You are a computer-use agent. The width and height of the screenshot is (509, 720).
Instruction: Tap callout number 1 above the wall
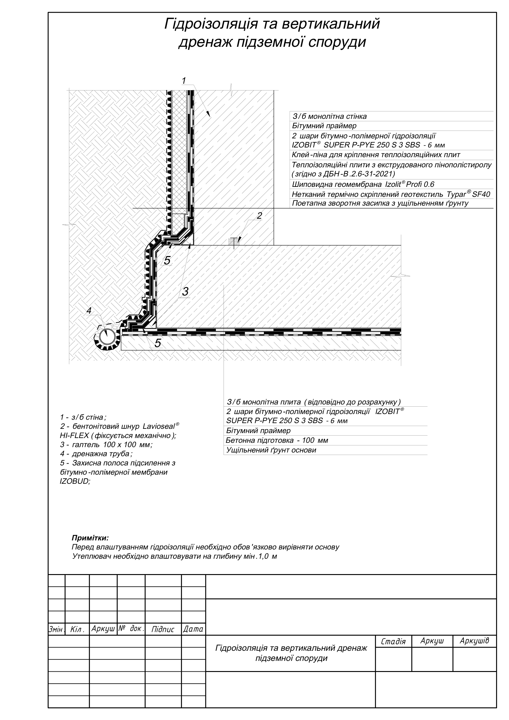(184, 81)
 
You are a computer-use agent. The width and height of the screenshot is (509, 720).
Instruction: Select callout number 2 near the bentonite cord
(259, 216)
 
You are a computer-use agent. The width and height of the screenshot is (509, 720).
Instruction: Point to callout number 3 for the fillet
(185, 292)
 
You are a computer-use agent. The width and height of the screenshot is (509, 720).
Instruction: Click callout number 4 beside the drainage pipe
(89, 311)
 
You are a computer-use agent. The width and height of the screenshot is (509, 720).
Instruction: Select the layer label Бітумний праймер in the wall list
(324, 126)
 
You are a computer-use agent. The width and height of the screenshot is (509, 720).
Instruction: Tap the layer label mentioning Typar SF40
(391, 194)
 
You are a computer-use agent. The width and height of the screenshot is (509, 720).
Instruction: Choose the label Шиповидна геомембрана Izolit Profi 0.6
(363, 184)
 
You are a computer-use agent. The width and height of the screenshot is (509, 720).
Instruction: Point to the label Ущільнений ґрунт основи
(271, 450)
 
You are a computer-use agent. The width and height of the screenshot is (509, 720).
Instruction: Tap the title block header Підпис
(163, 629)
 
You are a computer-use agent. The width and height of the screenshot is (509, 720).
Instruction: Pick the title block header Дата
(193, 629)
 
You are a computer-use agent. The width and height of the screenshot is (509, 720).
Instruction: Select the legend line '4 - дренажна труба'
(96, 454)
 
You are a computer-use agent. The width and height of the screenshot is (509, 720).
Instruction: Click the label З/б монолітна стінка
(329, 117)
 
